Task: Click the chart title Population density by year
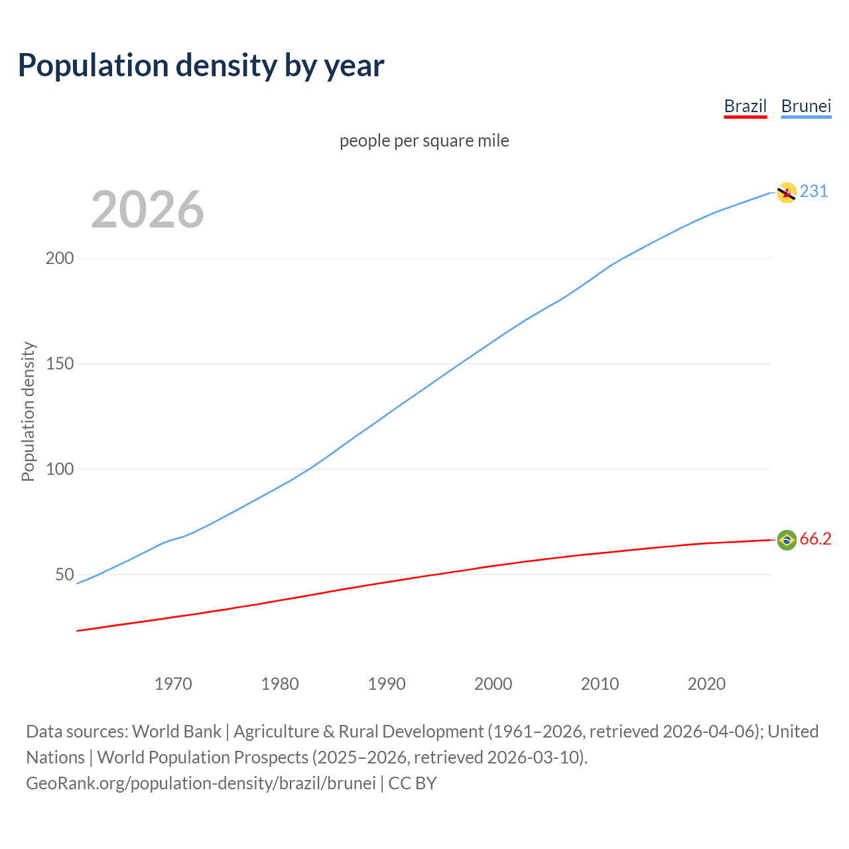click(201, 66)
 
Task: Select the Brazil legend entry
click(745, 106)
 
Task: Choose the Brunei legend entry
click(806, 106)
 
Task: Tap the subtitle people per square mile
click(424, 141)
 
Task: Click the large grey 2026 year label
click(147, 210)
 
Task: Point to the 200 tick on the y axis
click(59, 258)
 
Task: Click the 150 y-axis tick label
click(59, 363)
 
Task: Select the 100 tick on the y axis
click(59, 469)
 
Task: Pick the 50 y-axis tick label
click(64, 574)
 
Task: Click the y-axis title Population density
click(28, 411)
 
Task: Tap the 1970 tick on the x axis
click(173, 684)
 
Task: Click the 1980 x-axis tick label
click(280, 684)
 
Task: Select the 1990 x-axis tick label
click(387, 684)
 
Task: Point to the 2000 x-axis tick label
click(493, 684)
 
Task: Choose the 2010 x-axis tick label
click(600, 684)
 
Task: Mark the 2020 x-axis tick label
click(706, 684)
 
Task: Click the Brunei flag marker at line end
click(787, 192)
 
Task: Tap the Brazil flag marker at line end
click(787, 540)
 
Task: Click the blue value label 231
click(814, 192)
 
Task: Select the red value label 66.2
click(815, 539)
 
